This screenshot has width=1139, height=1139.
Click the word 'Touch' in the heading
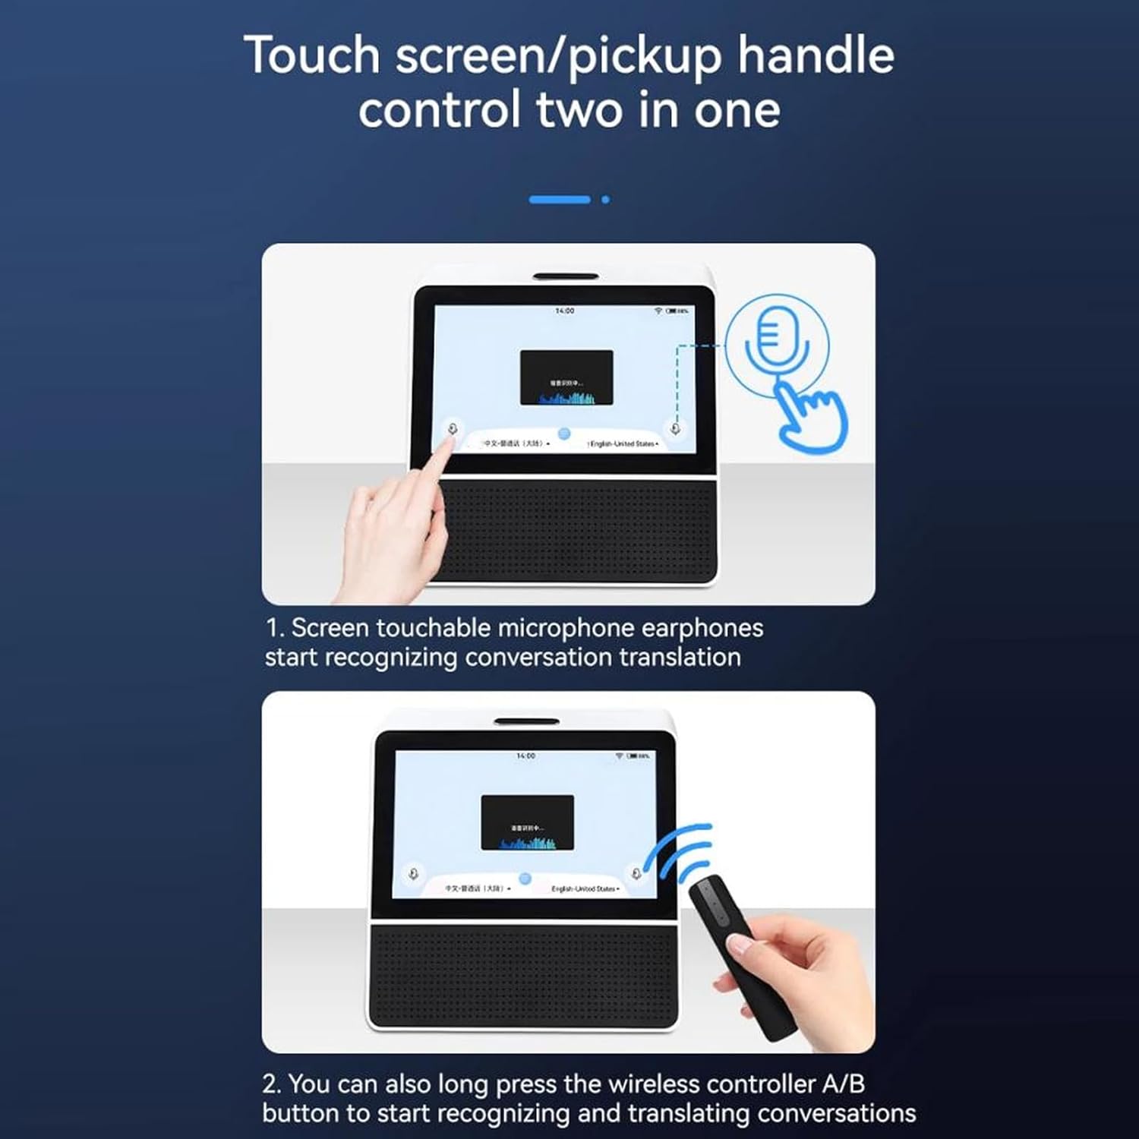[x=311, y=56]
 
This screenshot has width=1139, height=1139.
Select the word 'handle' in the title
[x=816, y=56]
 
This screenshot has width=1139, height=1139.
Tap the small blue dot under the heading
[x=605, y=200]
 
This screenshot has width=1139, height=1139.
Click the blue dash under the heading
[x=560, y=200]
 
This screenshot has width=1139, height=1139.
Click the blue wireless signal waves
[x=680, y=850]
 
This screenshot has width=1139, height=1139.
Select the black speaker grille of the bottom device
[x=524, y=977]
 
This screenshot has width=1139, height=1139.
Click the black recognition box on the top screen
[x=566, y=377]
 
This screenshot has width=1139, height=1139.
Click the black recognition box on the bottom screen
[x=528, y=822]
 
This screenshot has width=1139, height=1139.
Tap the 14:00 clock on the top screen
[x=564, y=311]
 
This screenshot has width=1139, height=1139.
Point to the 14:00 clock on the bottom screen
[x=525, y=756]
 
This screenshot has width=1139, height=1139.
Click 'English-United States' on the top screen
[x=623, y=443]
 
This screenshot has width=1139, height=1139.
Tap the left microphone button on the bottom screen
[x=414, y=874]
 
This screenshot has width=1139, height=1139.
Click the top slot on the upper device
[x=566, y=276]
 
